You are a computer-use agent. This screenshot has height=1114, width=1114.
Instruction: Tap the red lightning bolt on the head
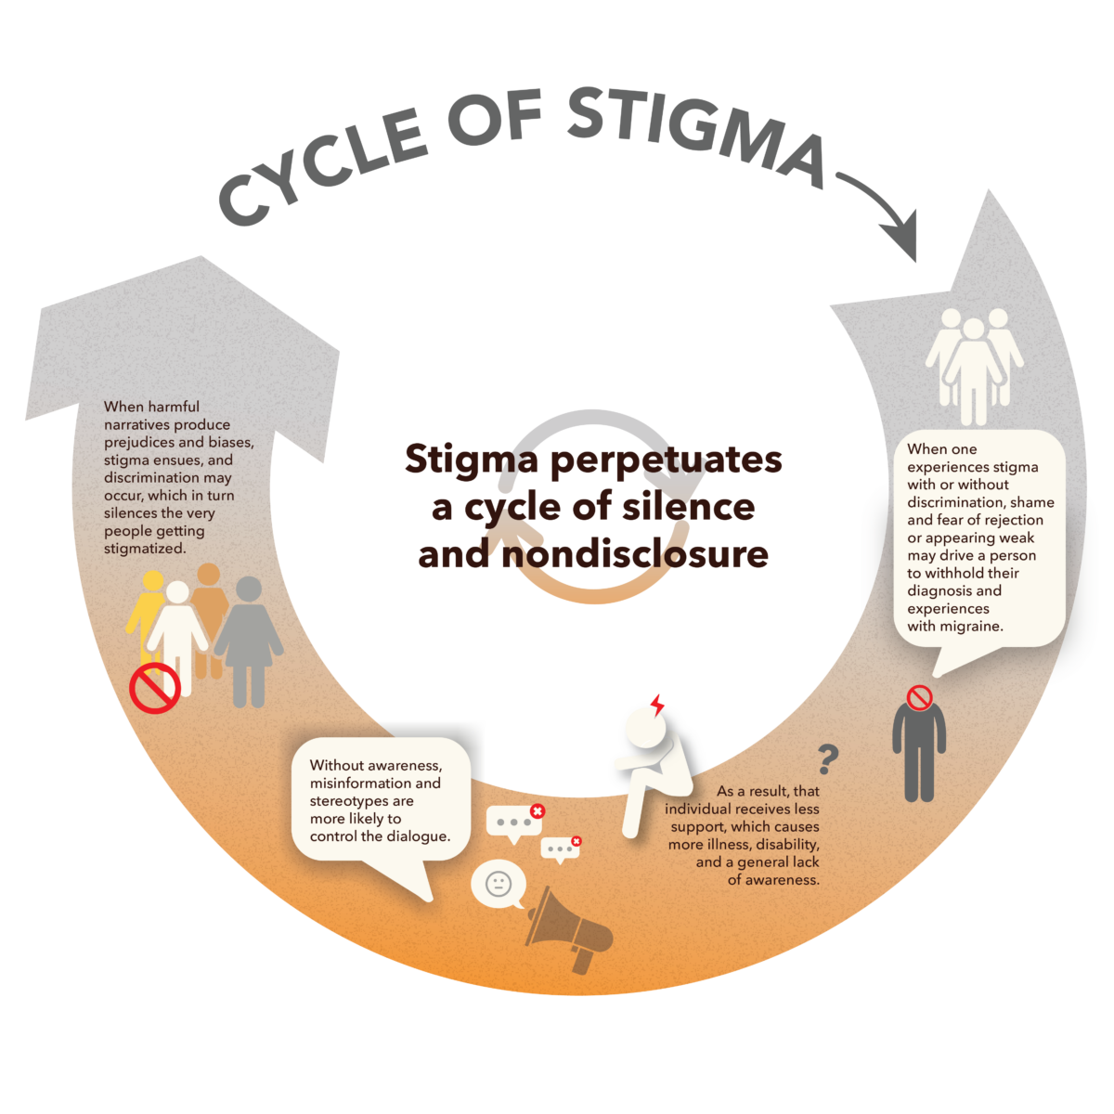(x=657, y=706)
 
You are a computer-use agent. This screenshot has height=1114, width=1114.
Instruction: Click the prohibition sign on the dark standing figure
(x=919, y=697)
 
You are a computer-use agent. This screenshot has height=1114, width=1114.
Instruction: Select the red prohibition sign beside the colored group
(x=154, y=688)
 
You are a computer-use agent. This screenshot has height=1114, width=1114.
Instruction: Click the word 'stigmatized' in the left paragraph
(x=144, y=549)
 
